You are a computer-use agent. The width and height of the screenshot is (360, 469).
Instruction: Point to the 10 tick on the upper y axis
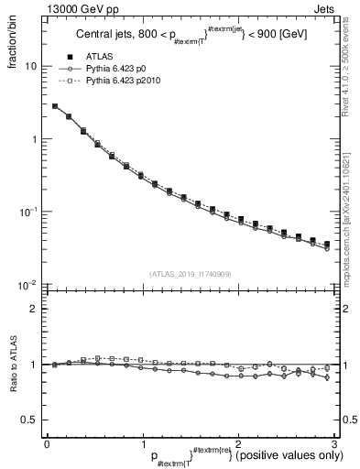(29, 67)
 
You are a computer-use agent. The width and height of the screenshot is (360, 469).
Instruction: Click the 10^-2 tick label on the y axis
(27, 285)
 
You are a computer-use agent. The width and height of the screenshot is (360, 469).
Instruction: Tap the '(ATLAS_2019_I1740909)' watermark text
(189, 274)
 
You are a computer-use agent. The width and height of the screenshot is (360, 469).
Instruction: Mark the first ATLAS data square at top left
(55, 106)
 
